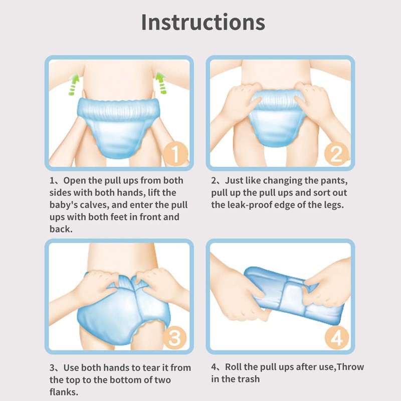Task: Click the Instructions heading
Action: [203, 23]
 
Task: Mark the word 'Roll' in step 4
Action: [235, 367]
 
